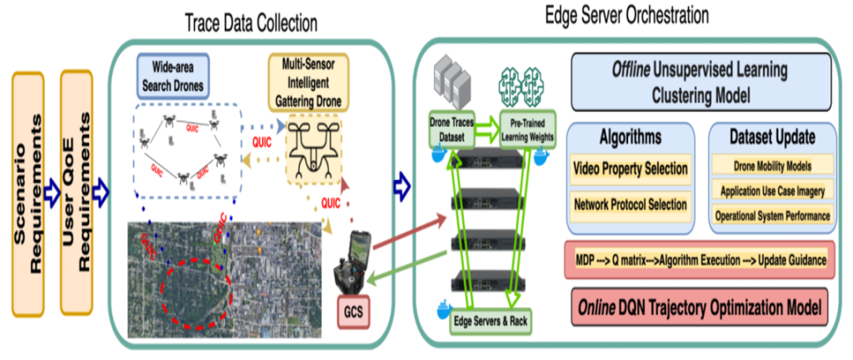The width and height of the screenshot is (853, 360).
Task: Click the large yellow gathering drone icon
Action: tap(312, 149)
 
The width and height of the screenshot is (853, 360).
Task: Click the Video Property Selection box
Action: tap(630, 169)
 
